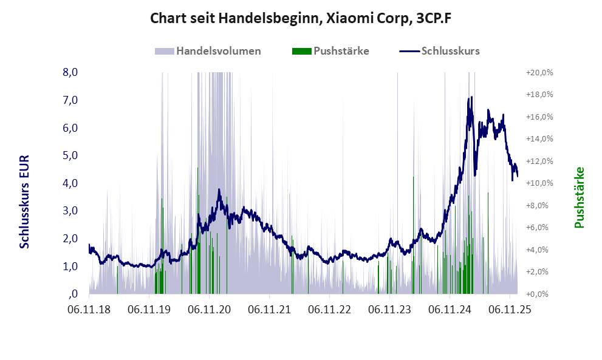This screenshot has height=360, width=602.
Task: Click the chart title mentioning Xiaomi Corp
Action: click(x=301, y=18)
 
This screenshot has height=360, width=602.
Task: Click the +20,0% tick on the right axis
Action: click(x=539, y=72)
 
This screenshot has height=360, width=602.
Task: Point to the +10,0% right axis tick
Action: click(x=539, y=183)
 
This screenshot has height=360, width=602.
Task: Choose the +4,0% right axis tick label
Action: click(x=539, y=250)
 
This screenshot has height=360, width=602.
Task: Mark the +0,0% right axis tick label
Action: click(x=539, y=294)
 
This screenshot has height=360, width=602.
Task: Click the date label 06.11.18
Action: click(x=89, y=310)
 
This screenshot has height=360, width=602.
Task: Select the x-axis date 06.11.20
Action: click(x=210, y=310)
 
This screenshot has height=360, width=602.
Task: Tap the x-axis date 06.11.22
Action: click(x=330, y=310)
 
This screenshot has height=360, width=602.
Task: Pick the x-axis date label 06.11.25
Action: click(x=510, y=310)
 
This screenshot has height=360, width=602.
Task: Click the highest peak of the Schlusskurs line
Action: click(x=469, y=97)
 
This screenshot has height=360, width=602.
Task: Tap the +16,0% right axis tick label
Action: click(x=539, y=117)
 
